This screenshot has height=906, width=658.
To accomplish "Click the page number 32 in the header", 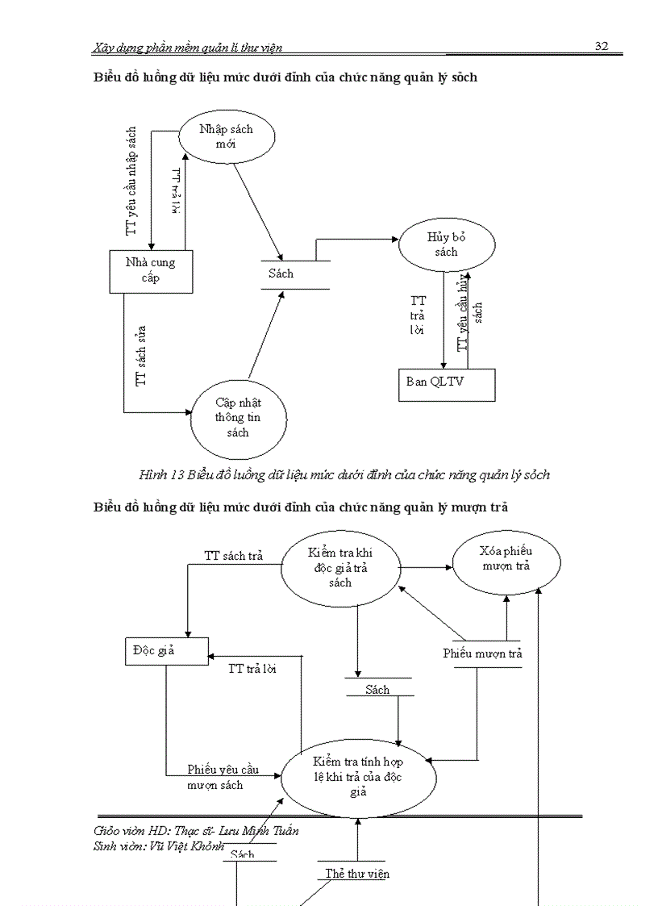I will (601, 46).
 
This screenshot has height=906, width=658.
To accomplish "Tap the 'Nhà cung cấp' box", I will (148, 270).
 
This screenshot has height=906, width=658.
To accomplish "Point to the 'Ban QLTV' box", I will (446, 384).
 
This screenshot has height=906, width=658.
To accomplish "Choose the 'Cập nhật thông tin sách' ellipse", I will (237, 417).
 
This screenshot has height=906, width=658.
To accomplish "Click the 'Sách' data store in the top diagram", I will (281, 274).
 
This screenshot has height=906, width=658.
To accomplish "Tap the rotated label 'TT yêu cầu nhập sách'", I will (132, 181).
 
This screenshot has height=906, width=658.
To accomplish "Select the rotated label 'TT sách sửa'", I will (141, 355).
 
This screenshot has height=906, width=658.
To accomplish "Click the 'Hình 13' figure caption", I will (344, 474).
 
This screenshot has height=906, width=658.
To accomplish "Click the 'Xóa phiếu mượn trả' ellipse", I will (505, 558).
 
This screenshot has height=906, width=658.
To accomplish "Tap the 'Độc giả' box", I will (166, 651).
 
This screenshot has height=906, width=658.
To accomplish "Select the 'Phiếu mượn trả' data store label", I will (482, 653).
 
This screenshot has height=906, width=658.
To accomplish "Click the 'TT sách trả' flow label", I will (233, 556).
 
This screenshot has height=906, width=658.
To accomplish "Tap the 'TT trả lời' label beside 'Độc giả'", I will (252, 668).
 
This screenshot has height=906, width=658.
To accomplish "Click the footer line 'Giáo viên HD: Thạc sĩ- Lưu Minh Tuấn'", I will (190, 831).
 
